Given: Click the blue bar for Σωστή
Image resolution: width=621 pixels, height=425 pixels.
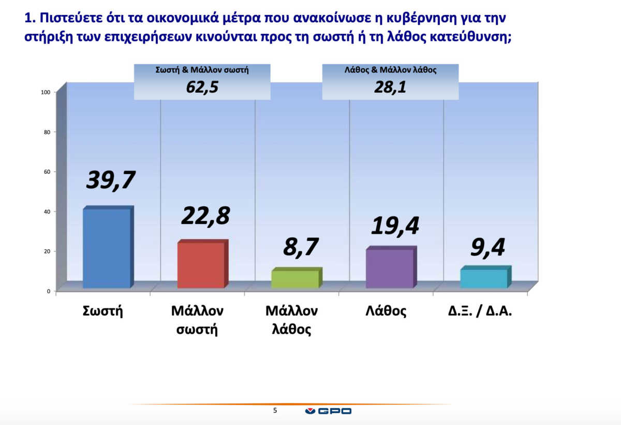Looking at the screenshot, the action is (x=108, y=247).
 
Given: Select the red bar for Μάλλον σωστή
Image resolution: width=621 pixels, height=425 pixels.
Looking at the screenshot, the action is (x=203, y=264).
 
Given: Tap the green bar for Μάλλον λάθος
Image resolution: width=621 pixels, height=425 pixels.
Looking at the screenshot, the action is (x=297, y=278).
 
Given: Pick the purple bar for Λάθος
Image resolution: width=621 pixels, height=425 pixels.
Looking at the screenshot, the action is (x=391, y=267).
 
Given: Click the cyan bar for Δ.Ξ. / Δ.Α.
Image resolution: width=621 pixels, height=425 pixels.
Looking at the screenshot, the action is (x=485, y=277).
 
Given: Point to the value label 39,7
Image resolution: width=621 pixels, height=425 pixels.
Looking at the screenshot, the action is (x=111, y=180).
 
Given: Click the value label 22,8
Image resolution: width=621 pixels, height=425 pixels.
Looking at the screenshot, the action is (x=205, y=216).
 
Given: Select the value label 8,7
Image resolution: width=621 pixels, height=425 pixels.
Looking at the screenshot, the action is (x=301, y=247).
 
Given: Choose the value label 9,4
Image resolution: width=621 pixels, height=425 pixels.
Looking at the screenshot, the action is (x=487, y=248).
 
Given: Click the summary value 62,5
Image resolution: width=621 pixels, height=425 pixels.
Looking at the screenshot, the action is (x=202, y=87).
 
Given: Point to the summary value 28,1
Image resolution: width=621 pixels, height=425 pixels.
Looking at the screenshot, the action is (x=390, y=87).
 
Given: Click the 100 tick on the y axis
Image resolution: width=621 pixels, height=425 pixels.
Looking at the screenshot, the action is (x=46, y=92).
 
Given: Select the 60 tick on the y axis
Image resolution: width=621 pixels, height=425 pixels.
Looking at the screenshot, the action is (x=47, y=172).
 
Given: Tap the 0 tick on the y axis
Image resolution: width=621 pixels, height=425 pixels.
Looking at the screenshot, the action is (x=49, y=291).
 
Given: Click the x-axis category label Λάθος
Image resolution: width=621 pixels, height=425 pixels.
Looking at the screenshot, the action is (x=386, y=310).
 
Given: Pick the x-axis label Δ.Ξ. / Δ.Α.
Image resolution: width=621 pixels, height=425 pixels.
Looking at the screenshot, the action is (x=480, y=311).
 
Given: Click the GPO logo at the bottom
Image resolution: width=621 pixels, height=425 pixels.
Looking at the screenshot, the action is (x=328, y=411).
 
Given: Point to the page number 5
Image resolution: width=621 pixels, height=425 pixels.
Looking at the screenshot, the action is (x=275, y=410).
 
